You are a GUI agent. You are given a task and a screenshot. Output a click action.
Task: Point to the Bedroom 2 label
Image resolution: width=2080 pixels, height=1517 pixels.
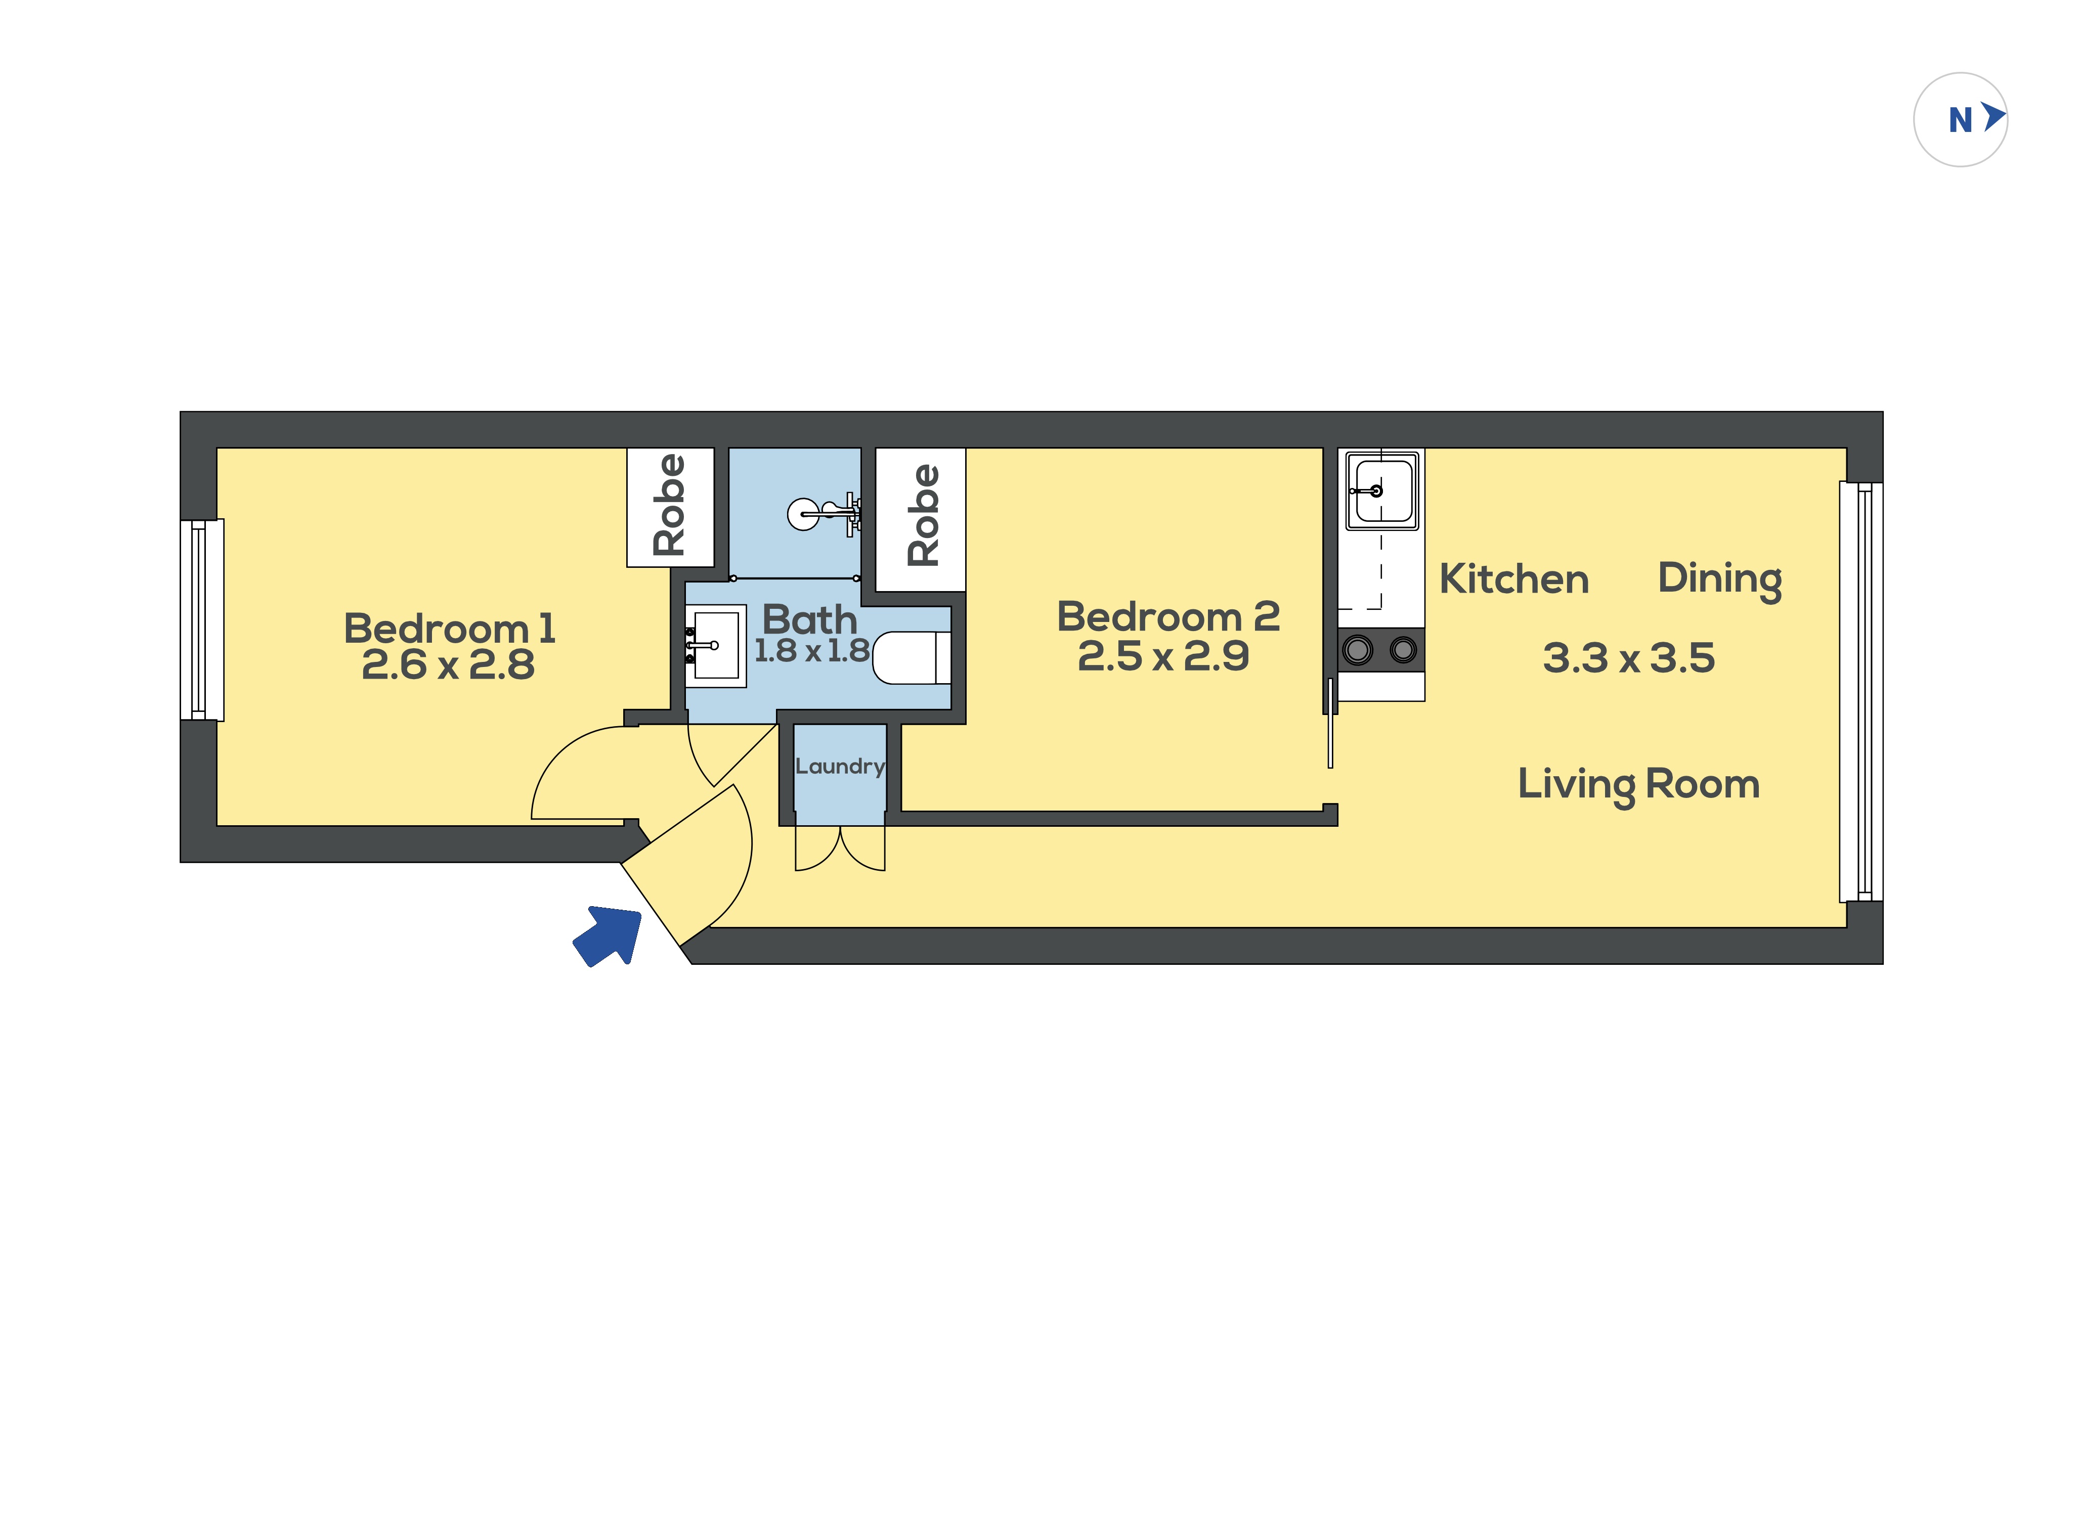coord(1168,616)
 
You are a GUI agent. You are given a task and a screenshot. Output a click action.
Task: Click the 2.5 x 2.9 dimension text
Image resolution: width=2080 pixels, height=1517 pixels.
coord(1163,656)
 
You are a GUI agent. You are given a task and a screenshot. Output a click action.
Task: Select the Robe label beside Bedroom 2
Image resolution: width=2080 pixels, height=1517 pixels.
coord(923,515)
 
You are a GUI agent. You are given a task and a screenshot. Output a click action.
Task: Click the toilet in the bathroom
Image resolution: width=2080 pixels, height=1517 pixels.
coord(911,657)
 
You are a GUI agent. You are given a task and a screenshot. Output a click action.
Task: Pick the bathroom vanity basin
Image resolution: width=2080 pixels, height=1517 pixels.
coord(715,646)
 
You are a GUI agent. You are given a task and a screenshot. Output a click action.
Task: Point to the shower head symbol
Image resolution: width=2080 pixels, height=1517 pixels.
coord(824,513)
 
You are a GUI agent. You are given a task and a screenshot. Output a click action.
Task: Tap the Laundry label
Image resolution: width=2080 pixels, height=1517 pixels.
coord(839,767)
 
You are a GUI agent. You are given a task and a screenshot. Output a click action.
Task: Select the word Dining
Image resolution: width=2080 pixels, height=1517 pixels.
coord(1720,581)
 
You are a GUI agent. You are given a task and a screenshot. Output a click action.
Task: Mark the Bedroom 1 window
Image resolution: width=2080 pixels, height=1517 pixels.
coord(202,620)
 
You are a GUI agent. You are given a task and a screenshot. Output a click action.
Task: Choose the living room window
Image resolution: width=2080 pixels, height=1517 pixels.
coord(1860,691)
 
